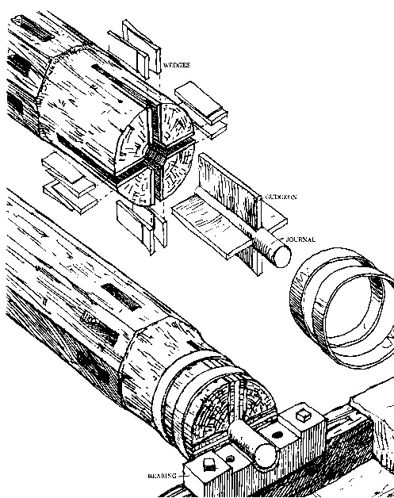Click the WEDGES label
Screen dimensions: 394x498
point(177,65)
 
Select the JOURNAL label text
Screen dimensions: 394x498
point(300,239)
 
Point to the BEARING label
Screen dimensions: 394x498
point(162,476)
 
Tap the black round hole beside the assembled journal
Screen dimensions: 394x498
point(277,435)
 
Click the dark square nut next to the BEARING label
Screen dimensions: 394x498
point(208,465)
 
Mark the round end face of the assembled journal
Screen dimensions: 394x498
point(266,456)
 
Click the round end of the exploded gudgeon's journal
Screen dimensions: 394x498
point(282,256)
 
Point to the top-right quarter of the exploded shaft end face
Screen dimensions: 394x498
point(175,123)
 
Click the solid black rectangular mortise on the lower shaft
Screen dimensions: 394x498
point(120,297)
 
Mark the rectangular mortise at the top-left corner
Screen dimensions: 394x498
point(32,27)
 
